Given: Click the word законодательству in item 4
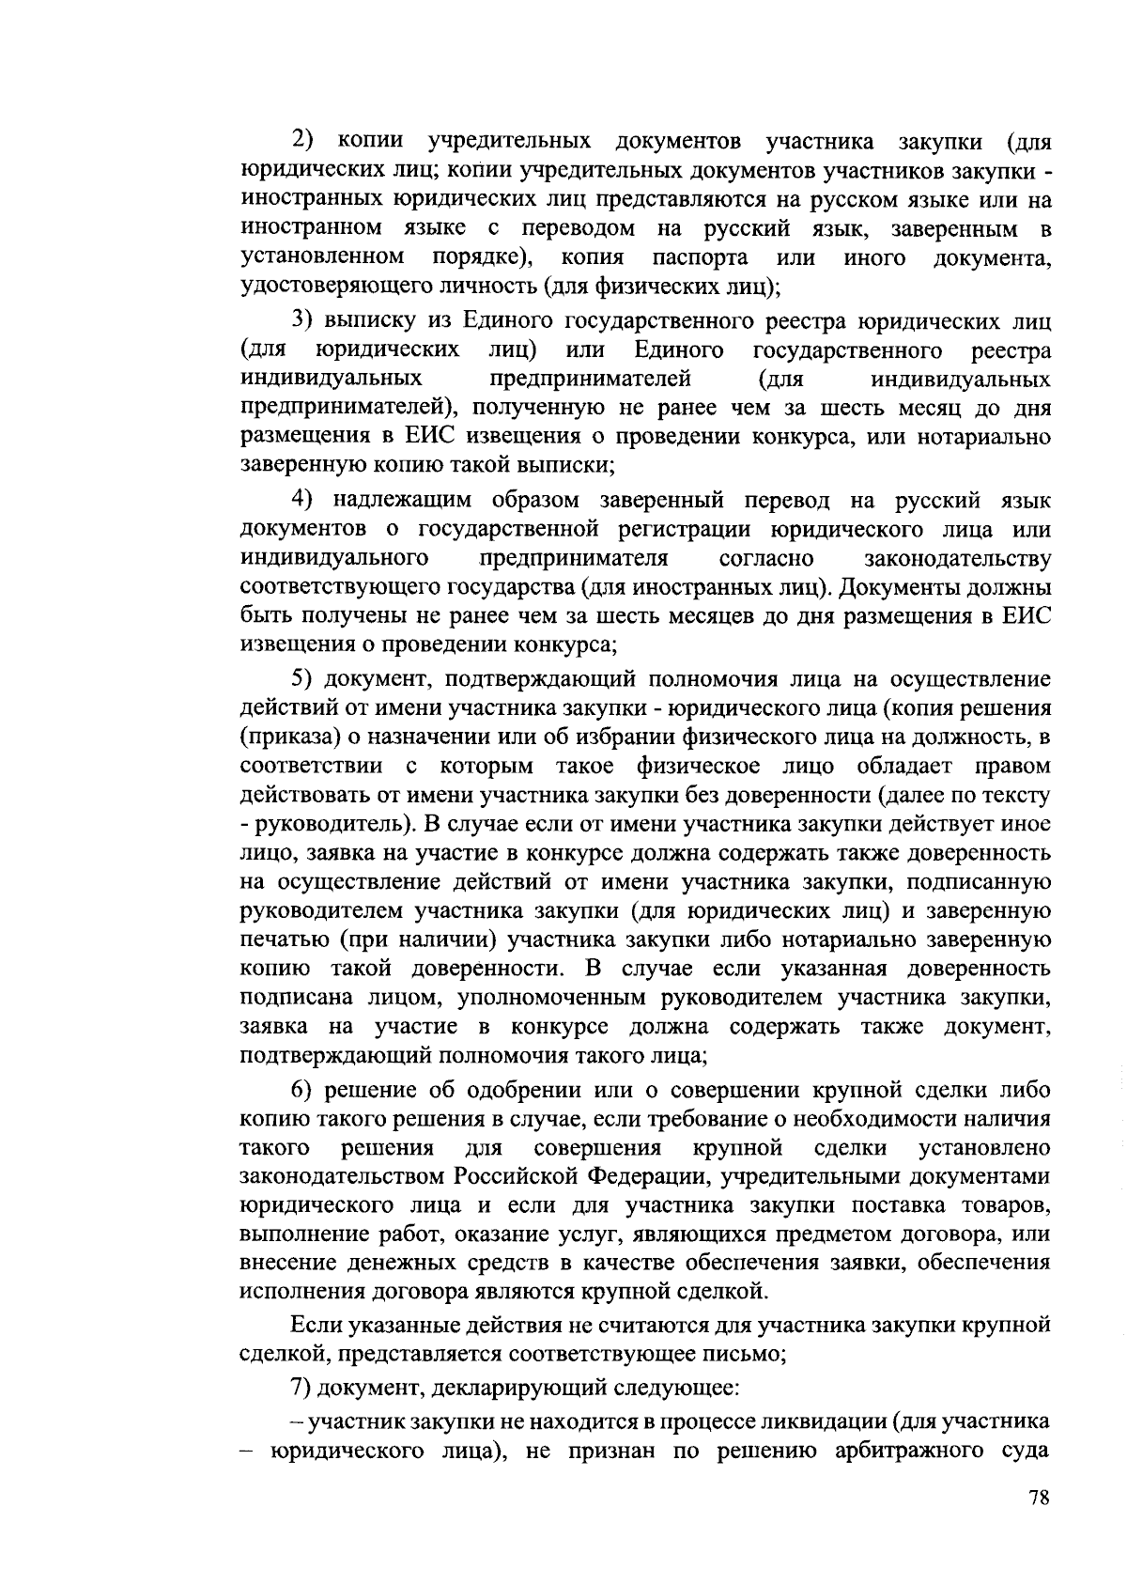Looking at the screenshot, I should point(956,558).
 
